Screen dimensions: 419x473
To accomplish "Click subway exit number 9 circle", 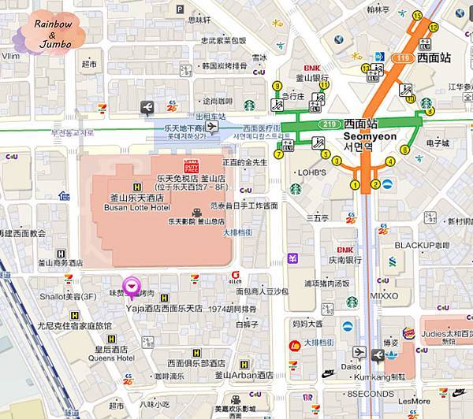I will coord(277,86).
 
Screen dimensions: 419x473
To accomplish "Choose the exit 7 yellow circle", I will coord(279,154).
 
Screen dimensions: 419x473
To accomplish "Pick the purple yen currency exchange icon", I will coord(292,258).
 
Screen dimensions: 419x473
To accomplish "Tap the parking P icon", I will coord(180,9).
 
